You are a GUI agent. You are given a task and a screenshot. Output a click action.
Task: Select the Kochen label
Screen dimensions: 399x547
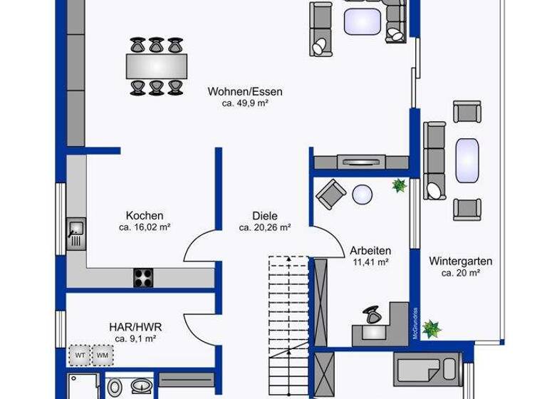(145, 216)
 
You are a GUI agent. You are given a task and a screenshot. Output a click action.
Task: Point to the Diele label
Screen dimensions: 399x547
(264, 216)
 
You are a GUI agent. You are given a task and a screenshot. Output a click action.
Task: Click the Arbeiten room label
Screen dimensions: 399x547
(370, 250)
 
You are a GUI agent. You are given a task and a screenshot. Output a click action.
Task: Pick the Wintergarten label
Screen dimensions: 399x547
(460, 261)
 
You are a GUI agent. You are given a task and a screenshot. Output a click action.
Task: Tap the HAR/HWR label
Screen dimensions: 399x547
(135, 327)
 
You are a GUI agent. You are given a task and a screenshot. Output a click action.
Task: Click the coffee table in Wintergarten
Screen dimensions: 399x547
(467, 160)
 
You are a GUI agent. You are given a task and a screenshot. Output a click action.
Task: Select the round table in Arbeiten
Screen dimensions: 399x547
(363, 195)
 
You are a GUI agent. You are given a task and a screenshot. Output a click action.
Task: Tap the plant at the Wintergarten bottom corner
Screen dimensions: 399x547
(430, 328)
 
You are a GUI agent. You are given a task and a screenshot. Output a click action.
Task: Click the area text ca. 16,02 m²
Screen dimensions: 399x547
(145, 228)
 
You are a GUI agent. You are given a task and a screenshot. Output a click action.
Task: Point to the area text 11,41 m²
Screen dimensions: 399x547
(370, 262)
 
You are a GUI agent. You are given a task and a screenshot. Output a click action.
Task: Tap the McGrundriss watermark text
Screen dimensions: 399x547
(414, 323)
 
